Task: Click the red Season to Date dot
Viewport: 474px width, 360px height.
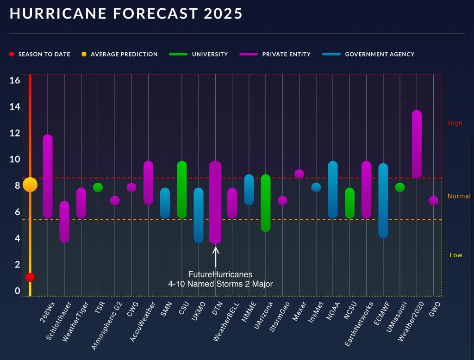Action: click(30, 277)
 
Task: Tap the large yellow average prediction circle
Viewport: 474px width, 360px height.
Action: click(30, 185)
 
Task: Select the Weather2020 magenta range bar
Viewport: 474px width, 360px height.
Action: click(417, 144)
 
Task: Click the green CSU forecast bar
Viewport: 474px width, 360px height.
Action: click(182, 190)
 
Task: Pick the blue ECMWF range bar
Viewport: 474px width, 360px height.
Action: click(383, 200)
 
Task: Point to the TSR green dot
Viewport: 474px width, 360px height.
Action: click(98, 187)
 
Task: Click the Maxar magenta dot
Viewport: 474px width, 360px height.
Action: click(299, 174)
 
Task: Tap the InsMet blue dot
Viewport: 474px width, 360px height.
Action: click(316, 187)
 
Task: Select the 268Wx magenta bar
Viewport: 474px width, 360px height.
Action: click(48, 176)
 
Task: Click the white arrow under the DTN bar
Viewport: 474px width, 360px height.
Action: click(216, 256)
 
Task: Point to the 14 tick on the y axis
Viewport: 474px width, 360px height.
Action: click(15, 107)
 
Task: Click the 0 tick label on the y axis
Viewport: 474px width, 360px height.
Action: click(17, 291)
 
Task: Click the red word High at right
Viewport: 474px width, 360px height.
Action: click(455, 124)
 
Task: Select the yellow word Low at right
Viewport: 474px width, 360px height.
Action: click(456, 255)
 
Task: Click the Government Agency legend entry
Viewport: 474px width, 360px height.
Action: click(380, 54)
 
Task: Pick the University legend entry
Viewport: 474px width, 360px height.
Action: click(210, 54)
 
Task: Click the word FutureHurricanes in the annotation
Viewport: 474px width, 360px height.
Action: click(220, 274)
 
